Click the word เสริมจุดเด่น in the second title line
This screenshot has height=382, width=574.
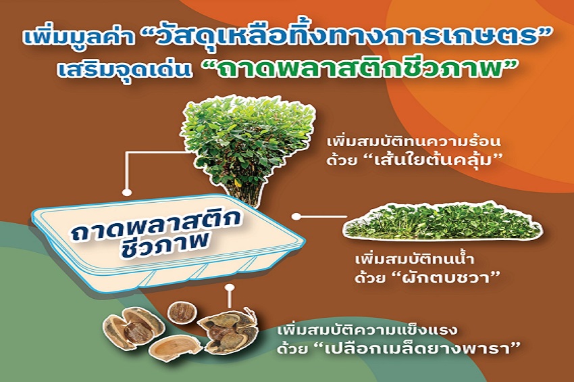coord(125,69)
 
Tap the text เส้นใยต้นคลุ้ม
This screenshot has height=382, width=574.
coord(433,160)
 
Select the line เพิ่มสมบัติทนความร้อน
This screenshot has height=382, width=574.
coord(414,141)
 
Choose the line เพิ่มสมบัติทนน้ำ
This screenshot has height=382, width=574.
coord(415,260)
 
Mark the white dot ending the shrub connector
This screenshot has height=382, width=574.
coord(127,192)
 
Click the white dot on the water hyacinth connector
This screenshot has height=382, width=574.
coord(296,216)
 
